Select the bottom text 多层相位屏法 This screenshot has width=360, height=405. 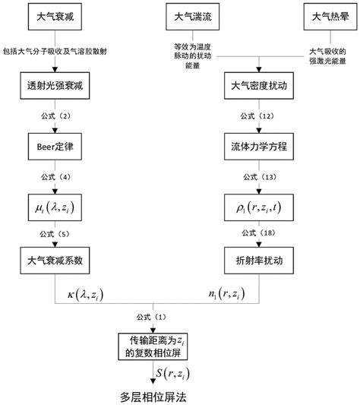tap(157, 395)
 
